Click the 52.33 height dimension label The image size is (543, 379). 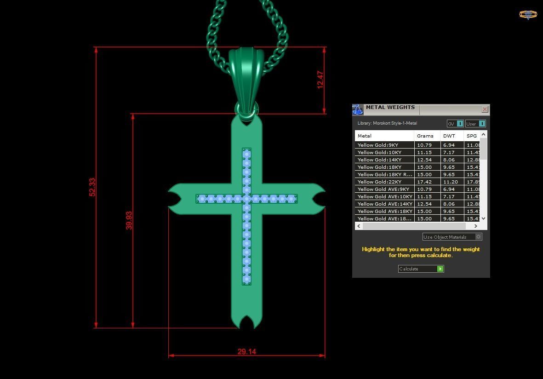coord(92,187)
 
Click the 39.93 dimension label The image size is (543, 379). coord(129,220)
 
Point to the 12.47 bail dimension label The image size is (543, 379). coord(320,80)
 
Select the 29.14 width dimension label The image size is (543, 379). coord(246,352)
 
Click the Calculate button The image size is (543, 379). coord(421,269)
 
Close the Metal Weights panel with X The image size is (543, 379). coord(485,109)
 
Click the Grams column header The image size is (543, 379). coord(425,136)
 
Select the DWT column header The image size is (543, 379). coord(449,136)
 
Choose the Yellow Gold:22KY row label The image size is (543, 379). coord(379,182)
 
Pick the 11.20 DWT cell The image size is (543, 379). coord(450,182)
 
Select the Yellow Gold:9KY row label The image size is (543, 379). coord(378,145)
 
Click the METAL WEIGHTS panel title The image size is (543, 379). coord(390,108)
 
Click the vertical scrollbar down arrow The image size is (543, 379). coord(483,218)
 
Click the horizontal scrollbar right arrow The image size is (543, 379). coord(475,226)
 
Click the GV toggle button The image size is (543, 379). coord(455,124)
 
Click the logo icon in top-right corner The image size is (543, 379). coord(528,15)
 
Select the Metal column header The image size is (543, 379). coord(365,136)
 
